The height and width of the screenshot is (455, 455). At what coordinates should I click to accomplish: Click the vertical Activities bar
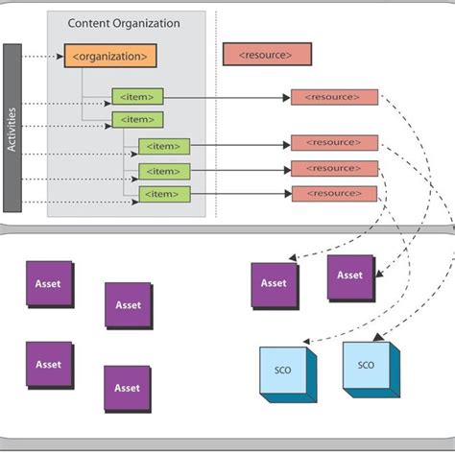12,127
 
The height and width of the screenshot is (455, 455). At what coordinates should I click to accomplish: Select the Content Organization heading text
125,23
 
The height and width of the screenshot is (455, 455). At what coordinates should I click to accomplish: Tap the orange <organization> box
109,57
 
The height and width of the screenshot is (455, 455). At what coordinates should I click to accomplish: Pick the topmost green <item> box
137,96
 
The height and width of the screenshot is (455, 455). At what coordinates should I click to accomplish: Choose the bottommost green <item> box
164,194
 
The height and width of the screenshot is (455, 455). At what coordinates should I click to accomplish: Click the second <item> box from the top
137,120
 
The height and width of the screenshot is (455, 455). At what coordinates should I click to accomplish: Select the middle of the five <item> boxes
164,146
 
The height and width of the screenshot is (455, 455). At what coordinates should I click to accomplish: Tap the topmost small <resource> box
334,97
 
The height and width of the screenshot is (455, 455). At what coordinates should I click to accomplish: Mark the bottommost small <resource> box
334,194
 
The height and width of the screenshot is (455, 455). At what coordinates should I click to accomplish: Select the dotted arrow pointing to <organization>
43,57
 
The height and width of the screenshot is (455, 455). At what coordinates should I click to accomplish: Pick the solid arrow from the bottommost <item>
240,194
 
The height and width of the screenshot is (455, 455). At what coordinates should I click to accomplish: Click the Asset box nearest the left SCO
274,284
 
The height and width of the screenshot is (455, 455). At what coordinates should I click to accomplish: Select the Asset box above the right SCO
350,275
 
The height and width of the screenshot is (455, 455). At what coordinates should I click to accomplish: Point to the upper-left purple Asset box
49,284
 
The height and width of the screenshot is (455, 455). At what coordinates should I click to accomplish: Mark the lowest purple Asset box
127,388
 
